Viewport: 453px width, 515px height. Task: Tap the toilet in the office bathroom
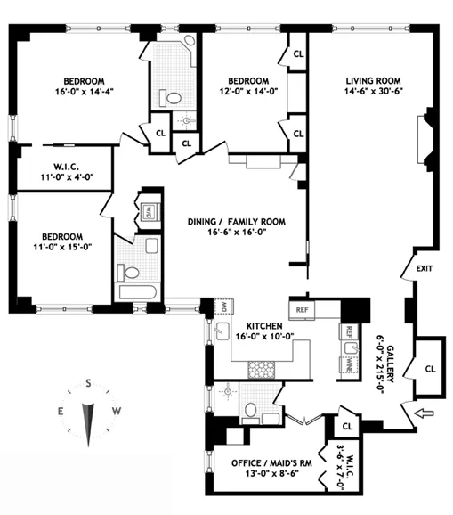click(x=252, y=411)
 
